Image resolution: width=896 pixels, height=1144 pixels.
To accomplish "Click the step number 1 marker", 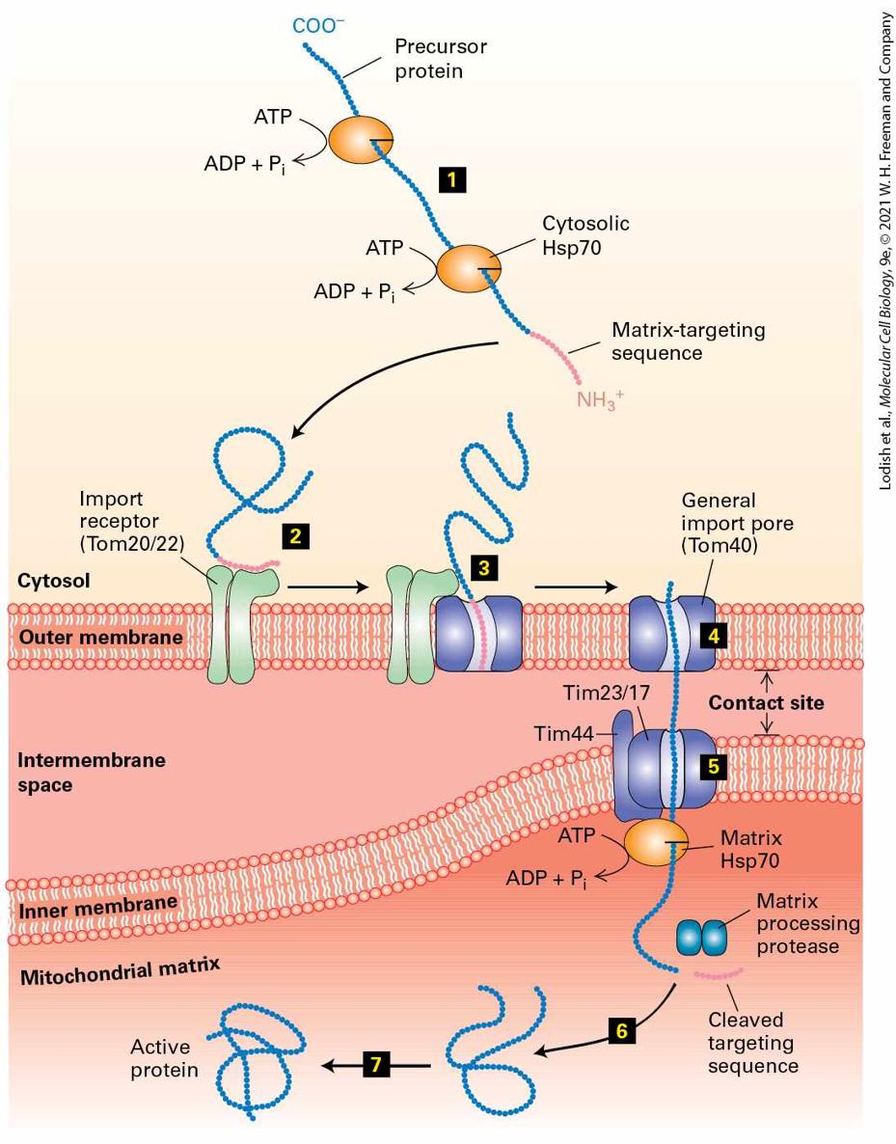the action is (x=452, y=179).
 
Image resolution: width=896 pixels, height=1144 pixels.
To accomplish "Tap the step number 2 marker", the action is (x=295, y=536).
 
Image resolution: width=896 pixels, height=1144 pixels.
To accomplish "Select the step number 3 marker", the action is (x=484, y=567).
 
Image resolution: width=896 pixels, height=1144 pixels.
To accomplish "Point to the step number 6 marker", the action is (x=622, y=1030).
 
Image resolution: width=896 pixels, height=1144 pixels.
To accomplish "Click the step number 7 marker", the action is (x=376, y=1065).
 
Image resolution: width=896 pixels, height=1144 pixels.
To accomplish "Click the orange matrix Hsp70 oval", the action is (x=655, y=842).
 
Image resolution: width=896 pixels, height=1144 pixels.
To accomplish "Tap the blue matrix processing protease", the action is (x=702, y=938).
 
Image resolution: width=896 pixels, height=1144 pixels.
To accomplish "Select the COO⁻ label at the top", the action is (x=318, y=26).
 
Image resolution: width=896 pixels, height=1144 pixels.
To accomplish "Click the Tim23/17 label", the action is (x=606, y=693).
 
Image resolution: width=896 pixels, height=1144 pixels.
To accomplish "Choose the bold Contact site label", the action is (x=766, y=702).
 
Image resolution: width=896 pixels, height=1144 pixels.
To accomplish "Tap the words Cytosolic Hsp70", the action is (x=585, y=235).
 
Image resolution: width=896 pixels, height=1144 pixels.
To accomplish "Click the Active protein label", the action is (x=164, y=1059).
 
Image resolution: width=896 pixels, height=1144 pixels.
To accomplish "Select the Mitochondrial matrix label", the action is (x=121, y=971).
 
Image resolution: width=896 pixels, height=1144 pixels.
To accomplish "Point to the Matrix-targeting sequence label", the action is (x=688, y=341).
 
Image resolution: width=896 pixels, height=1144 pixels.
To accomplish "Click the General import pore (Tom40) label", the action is (x=737, y=523).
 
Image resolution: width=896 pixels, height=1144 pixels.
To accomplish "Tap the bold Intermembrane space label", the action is (x=92, y=773).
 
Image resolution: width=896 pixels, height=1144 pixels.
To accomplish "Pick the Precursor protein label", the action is (x=440, y=59).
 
